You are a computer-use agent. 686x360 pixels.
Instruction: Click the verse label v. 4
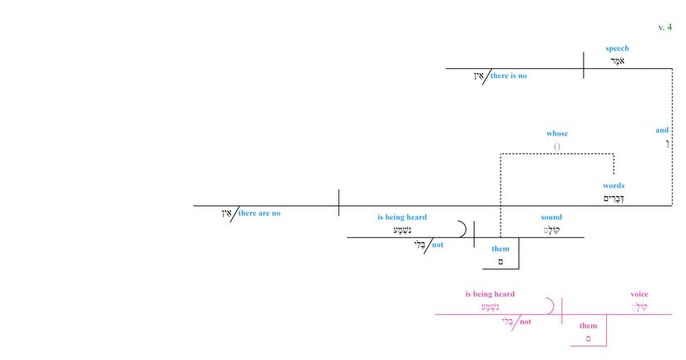click(x=664, y=27)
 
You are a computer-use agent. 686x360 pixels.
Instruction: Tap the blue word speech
click(x=617, y=49)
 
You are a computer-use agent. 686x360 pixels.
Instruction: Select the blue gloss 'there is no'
click(x=508, y=76)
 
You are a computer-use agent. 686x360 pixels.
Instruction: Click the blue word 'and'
click(x=662, y=131)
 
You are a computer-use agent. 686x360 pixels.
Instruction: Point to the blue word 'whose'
click(x=557, y=134)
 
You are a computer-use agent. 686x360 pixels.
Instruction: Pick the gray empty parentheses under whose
click(x=557, y=146)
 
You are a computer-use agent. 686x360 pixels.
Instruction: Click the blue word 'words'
click(x=614, y=185)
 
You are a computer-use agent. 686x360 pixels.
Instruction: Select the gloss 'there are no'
click(x=259, y=214)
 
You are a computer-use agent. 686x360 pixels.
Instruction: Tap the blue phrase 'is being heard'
click(x=402, y=218)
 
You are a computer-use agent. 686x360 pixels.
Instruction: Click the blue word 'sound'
click(x=551, y=218)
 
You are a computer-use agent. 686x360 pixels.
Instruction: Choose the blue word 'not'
click(x=437, y=245)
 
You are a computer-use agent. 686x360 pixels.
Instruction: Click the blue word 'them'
click(x=501, y=249)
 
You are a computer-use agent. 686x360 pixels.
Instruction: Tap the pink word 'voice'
click(x=639, y=294)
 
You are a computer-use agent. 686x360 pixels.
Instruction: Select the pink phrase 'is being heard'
click(x=490, y=294)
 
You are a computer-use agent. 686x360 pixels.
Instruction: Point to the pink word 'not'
click(x=525, y=322)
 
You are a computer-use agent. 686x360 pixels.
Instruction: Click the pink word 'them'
click(x=588, y=326)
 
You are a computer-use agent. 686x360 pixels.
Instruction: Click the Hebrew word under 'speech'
click(x=617, y=62)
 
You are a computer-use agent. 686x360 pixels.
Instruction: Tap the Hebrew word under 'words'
click(x=614, y=199)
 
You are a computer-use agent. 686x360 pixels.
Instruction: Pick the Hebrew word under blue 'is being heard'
click(x=402, y=230)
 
